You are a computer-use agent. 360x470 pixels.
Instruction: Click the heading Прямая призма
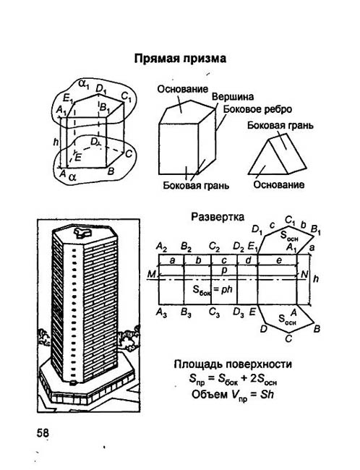[180, 59]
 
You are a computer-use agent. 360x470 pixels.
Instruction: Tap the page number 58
[43, 433]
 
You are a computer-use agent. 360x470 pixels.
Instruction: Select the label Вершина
[233, 97]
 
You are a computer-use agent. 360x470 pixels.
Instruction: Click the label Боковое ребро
[257, 109]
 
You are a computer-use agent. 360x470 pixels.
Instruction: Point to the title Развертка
[218, 217]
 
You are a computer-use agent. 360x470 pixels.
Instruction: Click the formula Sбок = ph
[213, 290]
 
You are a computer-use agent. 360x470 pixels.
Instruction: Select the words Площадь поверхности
[233, 364]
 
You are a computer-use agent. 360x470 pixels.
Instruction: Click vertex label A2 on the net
[161, 247]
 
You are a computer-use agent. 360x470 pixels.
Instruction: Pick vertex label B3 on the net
[187, 312]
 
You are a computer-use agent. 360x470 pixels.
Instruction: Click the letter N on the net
[304, 274]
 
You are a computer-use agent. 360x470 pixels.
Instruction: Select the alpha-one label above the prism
[85, 84]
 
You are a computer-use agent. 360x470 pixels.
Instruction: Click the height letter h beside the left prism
[56, 142]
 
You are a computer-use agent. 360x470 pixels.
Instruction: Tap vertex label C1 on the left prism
[127, 96]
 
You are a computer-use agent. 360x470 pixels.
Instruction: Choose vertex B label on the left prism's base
[111, 171]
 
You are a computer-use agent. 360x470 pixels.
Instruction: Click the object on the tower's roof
[82, 233]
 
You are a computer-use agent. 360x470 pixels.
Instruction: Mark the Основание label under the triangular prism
[278, 184]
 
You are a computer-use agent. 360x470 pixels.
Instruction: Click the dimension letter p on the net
[224, 270]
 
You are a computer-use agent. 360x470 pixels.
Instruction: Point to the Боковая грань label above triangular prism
[280, 125]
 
